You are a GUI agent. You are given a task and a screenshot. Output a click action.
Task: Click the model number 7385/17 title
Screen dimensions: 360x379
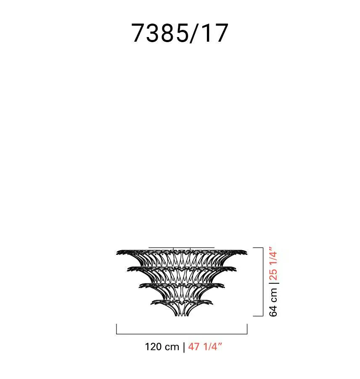[x=180, y=33]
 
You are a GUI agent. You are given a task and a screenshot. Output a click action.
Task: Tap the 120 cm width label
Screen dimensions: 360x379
[x=162, y=347]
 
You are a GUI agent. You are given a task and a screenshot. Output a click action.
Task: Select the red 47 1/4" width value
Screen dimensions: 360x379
[x=205, y=347]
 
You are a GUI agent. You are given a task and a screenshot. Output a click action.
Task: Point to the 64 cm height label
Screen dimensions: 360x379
[x=273, y=302]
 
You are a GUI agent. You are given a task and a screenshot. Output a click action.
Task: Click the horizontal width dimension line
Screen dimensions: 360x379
[x=182, y=334]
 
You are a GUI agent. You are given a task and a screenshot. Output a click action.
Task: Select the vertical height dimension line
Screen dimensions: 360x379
[x=263, y=282]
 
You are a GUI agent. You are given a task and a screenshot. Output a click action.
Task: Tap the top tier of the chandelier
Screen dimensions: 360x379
[x=182, y=257]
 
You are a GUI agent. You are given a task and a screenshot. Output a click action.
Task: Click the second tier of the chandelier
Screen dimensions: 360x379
[x=182, y=274]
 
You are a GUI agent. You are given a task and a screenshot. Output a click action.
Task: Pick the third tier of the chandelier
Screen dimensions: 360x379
[x=182, y=291]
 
